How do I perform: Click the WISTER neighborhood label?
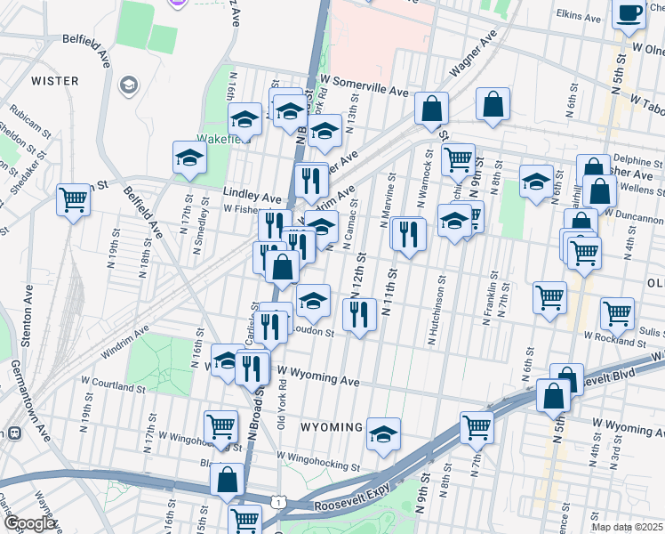click(x=54, y=81)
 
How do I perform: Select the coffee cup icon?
click(x=629, y=14)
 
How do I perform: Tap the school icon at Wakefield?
click(x=189, y=157)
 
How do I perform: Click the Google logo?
click(x=29, y=523)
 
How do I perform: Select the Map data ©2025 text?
click(x=627, y=527)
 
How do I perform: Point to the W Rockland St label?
click(x=613, y=337)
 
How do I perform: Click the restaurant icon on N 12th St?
click(x=358, y=314)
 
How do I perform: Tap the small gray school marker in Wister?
click(x=129, y=85)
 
